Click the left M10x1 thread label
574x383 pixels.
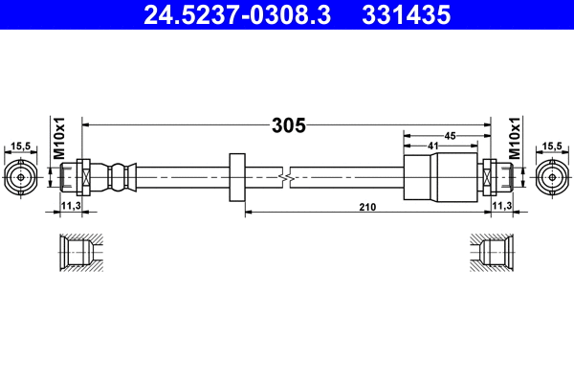click(57, 138)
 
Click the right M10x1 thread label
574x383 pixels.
click(514, 138)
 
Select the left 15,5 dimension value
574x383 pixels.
click(20, 146)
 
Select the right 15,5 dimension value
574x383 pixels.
click(551, 146)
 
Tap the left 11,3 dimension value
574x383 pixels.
click(71, 206)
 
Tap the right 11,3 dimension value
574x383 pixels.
click(501, 206)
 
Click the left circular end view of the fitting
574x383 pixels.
click(21, 177)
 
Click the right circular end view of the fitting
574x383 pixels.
click(551, 177)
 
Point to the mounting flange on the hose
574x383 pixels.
click(238, 177)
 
